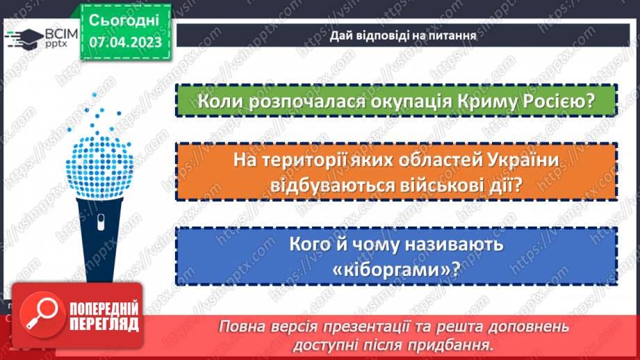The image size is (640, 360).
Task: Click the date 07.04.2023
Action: [x=125, y=43]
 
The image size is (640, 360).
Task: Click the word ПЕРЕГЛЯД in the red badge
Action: [x=103, y=324]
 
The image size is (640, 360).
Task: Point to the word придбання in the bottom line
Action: [x=458, y=344]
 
